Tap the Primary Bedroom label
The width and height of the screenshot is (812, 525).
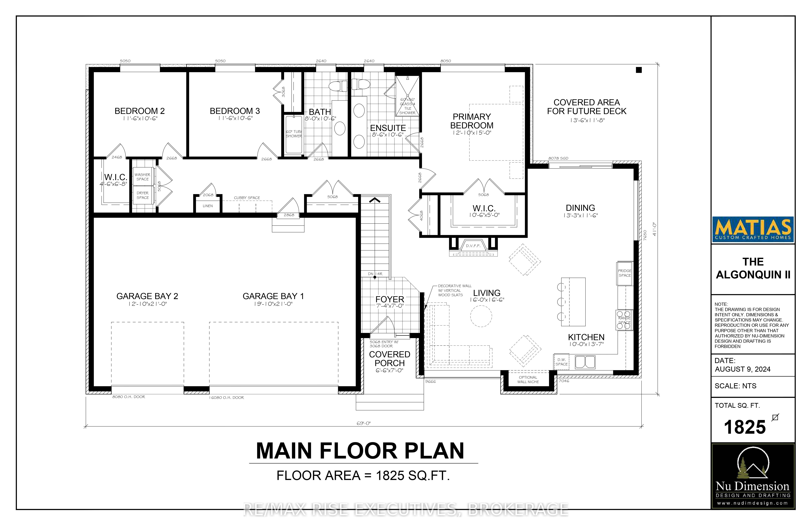click(x=472, y=121)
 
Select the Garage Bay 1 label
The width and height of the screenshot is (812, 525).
click(x=273, y=296)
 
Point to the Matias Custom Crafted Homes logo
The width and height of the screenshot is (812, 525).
click(x=753, y=229)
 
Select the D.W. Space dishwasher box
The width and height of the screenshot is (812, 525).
click(x=562, y=362)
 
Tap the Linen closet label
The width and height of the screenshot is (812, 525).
click(x=208, y=206)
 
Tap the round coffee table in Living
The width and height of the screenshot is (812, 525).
click(x=481, y=316)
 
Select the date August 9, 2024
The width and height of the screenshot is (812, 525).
click(x=743, y=369)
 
